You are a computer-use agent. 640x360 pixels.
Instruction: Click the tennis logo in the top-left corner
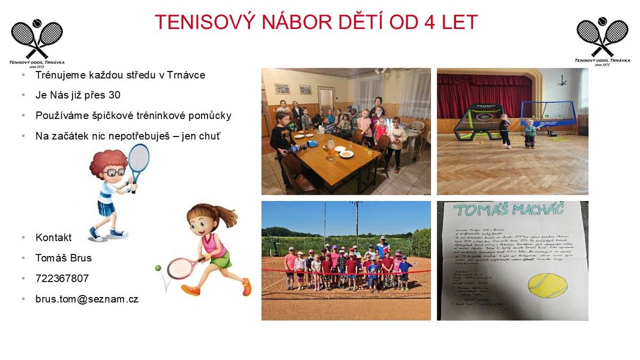(x=37, y=43)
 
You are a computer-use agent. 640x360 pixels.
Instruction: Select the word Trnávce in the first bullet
(x=186, y=75)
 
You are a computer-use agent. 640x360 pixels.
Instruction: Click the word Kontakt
(x=53, y=237)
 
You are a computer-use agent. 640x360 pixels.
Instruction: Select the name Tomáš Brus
(x=63, y=258)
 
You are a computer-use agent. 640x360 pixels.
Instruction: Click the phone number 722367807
(x=62, y=278)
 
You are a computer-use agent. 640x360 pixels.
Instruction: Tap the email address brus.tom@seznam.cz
(x=87, y=299)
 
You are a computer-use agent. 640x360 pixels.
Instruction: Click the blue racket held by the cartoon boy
(x=138, y=160)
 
